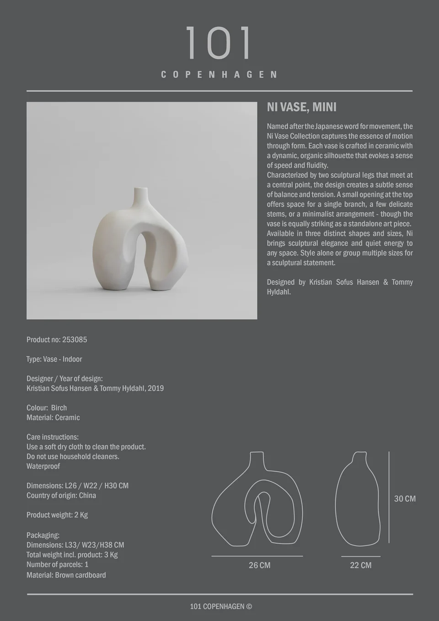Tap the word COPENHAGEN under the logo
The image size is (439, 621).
(219, 75)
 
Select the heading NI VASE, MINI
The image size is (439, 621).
(301, 107)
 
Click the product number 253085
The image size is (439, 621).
(75, 340)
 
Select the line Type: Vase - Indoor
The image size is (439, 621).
(54, 359)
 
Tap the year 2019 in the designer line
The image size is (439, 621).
(155, 388)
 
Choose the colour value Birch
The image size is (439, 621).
(59, 408)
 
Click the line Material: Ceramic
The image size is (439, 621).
(53, 418)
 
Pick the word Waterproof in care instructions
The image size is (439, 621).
(43, 466)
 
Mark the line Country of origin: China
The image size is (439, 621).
(61, 495)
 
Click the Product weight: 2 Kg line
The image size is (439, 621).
(57, 515)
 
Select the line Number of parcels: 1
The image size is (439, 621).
(57, 564)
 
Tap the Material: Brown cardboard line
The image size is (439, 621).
(66, 575)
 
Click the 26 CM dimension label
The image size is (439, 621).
(259, 565)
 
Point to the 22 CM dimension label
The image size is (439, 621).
(360, 565)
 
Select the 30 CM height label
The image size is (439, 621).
(405, 498)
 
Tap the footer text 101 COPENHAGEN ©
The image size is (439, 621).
(221, 606)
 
